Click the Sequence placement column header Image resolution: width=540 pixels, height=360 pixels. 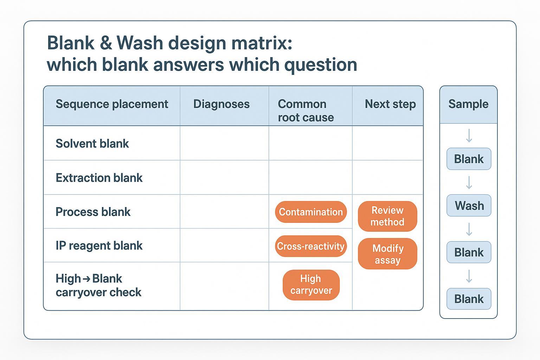[x=112, y=104]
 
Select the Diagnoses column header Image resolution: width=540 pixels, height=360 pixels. [x=221, y=104]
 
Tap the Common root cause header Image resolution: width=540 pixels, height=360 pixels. [x=306, y=110]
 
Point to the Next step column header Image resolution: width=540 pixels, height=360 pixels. [x=390, y=104]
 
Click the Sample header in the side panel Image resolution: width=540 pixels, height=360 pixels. [x=468, y=104]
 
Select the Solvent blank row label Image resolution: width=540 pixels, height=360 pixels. [x=92, y=143]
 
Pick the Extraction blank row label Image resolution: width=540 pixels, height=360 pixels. [x=99, y=178]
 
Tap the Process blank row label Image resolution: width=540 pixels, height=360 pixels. [x=93, y=212]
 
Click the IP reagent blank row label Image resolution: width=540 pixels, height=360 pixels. [x=99, y=245]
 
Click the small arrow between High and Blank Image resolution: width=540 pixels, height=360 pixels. [x=86, y=279]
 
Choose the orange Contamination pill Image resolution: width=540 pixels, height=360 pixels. [x=310, y=212]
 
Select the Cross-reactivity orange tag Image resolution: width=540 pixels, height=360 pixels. [x=310, y=246]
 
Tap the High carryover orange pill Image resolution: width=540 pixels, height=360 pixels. [x=311, y=285]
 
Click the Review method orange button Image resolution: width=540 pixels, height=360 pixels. [x=387, y=216]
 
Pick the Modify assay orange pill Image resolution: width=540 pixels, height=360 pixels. [x=387, y=254]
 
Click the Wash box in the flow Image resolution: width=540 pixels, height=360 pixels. [x=469, y=206]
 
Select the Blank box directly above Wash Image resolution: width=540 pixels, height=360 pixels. [x=469, y=159]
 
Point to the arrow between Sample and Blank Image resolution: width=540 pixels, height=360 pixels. [x=469, y=136]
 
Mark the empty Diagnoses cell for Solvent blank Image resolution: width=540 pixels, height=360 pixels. [x=224, y=143]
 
